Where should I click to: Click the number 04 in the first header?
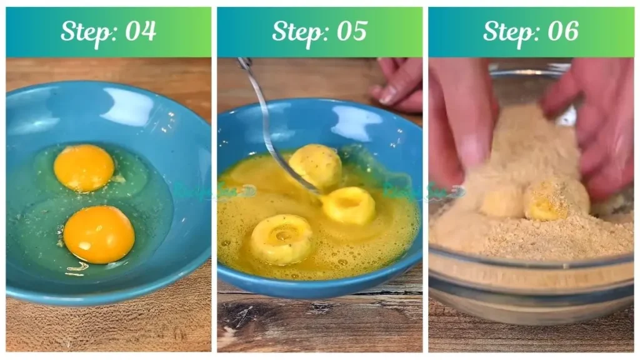140,31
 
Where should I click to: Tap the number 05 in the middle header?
351,31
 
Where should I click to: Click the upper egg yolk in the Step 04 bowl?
84,167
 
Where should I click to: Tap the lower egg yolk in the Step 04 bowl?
99,234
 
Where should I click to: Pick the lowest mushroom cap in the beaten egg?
281,239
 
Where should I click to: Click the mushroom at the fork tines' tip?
349,205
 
